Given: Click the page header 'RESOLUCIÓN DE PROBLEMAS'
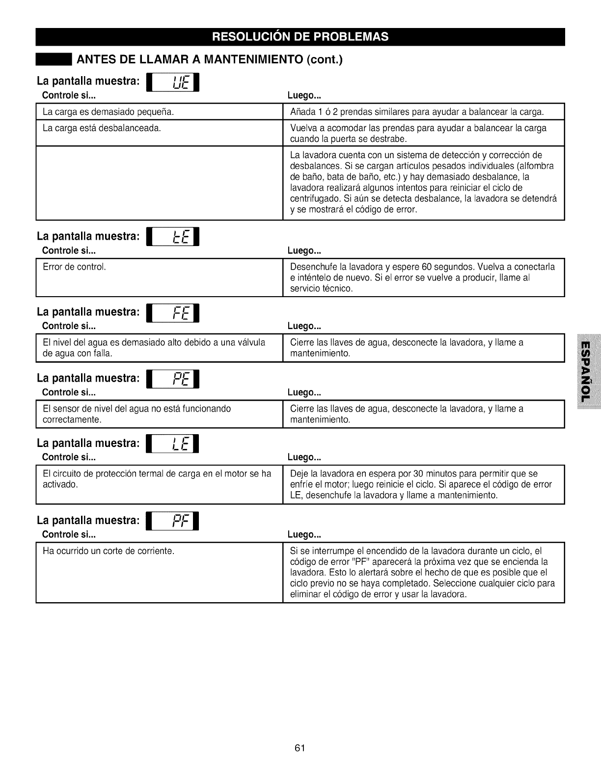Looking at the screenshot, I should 300,37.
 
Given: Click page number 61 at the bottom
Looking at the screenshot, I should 300,748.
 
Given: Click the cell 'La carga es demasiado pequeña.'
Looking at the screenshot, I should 109,111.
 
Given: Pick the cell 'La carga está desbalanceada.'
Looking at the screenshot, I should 102,128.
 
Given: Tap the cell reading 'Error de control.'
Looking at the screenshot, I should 75,267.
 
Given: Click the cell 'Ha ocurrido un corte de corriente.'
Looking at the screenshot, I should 109,551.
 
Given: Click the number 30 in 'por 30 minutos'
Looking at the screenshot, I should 418,474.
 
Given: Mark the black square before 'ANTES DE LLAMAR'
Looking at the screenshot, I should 54,60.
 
